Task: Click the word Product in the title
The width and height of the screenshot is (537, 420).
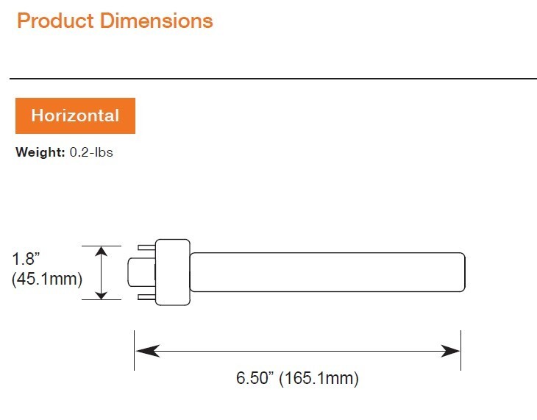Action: pos(55,21)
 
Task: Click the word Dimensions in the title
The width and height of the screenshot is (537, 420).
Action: pos(157,21)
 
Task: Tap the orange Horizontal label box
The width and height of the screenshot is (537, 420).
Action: pos(75,115)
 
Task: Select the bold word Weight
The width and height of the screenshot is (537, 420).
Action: pos(40,152)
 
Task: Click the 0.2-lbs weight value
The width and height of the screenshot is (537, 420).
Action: pos(91,152)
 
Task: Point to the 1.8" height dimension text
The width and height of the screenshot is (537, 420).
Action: pos(26,259)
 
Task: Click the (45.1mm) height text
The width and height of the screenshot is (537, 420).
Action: pos(47,279)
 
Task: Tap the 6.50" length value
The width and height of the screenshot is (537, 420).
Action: pos(255,378)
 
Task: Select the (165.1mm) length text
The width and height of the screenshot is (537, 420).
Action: pos(319,379)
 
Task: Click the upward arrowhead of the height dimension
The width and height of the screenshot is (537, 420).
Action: pos(102,252)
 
